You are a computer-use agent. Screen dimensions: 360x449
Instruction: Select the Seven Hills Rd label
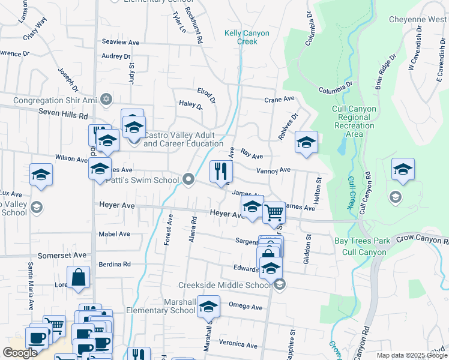click(63, 113)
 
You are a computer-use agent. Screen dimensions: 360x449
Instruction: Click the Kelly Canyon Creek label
click(241, 37)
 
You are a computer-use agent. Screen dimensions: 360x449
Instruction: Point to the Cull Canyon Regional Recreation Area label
click(355, 121)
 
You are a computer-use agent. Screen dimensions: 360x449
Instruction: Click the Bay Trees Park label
click(362, 241)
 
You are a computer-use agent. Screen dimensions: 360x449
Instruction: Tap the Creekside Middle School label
click(224, 285)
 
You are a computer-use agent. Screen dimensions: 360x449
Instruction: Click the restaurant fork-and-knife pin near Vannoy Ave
click(221, 172)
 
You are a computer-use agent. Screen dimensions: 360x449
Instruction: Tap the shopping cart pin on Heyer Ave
click(274, 212)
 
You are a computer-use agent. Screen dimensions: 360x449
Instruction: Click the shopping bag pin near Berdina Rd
click(79, 278)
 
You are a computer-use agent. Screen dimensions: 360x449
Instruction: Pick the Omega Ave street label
click(246, 307)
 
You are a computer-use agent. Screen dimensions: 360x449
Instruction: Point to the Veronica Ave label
click(238, 345)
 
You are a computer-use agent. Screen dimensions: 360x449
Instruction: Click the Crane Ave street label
click(280, 99)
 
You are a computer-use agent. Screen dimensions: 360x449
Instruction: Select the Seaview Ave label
click(120, 43)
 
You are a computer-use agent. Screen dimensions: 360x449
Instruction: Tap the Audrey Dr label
click(116, 56)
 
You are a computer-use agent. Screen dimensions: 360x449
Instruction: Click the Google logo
click(20, 352)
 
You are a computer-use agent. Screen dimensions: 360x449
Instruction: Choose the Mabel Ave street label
click(115, 234)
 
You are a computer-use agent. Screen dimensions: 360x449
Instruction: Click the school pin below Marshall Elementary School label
click(208, 307)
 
